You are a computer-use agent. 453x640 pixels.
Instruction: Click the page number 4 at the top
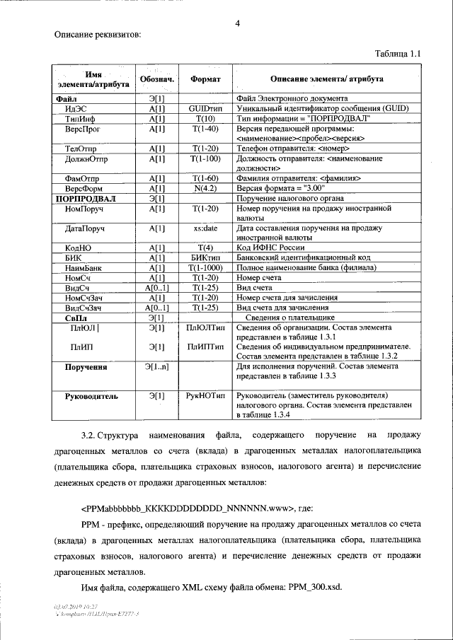click(x=238, y=24)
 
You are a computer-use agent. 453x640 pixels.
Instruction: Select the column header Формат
click(x=206, y=81)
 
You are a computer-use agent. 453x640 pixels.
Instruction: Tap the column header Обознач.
click(x=157, y=81)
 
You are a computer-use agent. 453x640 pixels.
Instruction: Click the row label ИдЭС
click(x=76, y=110)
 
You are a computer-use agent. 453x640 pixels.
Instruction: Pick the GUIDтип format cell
click(x=206, y=110)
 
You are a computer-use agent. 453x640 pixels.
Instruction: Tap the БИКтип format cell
click(x=206, y=258)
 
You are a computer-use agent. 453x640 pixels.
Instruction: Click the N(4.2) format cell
click(x=206, y=190)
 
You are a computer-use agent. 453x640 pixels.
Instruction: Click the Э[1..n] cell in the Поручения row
click(x=157, y=366)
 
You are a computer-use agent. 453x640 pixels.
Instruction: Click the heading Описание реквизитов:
click(x=98, y=34)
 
